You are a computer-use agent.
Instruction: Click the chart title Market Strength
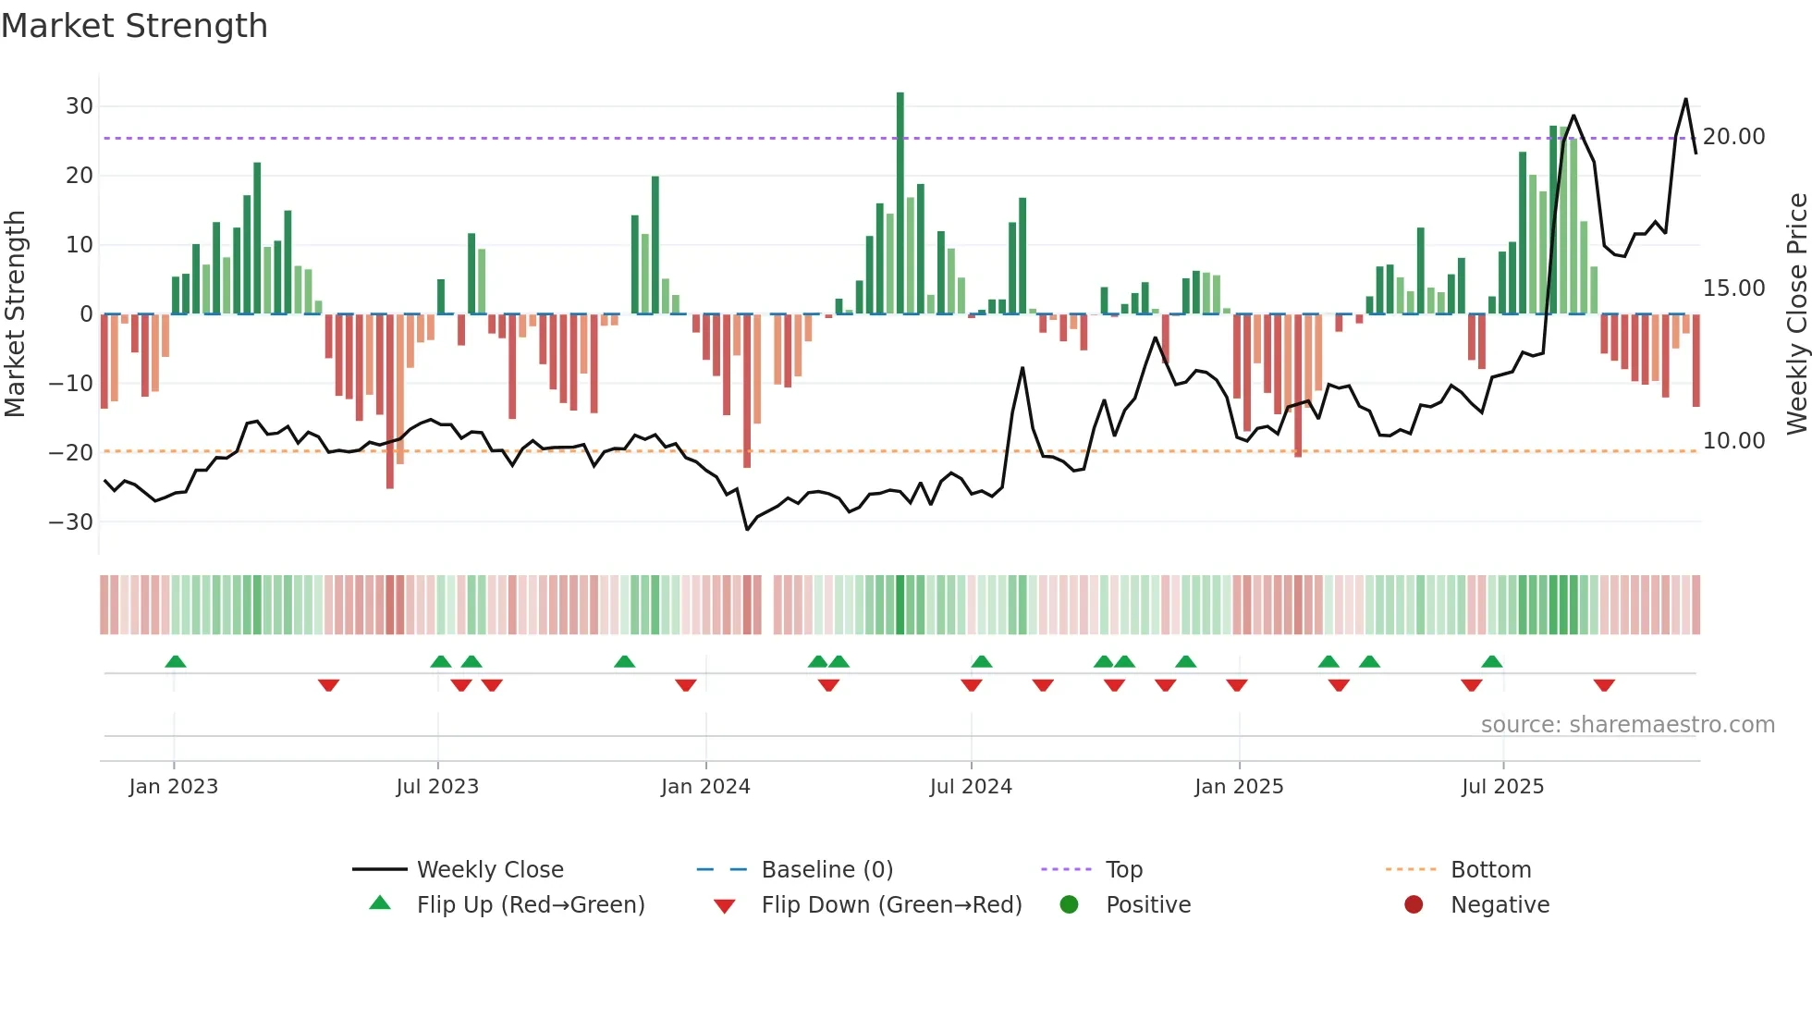click(134, 26)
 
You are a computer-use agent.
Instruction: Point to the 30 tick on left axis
click(80, 106)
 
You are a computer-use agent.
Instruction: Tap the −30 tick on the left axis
click(72, 522)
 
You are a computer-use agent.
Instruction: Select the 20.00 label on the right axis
click(1733, 137)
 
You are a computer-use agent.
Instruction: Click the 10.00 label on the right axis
click(1733, 441)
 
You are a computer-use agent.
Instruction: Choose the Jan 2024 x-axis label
click(705, 787)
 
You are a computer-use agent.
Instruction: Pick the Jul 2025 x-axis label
click(1502, 787)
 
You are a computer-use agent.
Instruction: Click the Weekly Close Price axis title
click(1796, 314)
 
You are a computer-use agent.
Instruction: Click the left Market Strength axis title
click(16, 314)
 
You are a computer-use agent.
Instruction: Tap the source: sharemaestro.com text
click(1627, 725)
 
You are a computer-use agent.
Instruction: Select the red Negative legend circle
click(1414, 905)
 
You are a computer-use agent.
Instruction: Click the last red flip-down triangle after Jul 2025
click(1604, 685)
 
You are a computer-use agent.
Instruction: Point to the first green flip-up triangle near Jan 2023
click(176, 661)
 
